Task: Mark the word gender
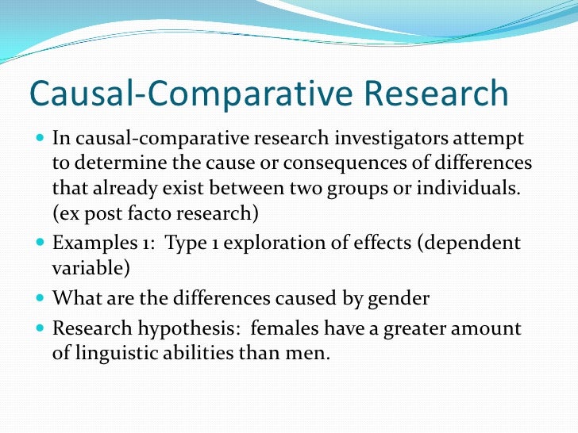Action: click(x=399, y=299)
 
